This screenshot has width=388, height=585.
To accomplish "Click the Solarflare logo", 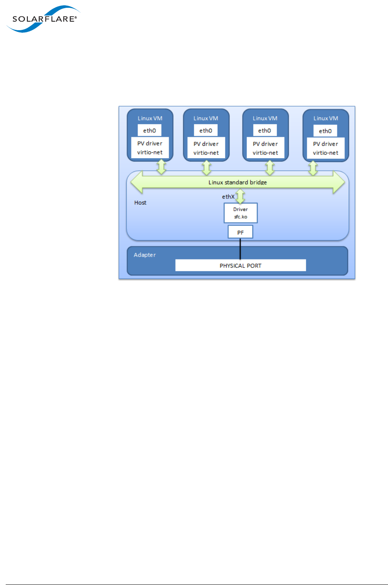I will tap(43, 19).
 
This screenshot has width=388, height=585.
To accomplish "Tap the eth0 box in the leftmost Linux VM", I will tap(149, 131).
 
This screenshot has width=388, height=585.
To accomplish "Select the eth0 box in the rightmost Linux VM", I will tap(325, 131).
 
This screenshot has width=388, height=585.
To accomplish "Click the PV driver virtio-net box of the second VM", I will tap(206, 148).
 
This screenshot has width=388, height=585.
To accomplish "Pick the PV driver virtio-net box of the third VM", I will tap(265, 148).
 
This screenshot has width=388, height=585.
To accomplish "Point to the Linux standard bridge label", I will tap(237, 182).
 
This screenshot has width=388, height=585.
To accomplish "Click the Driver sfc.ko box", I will tap(241, 213).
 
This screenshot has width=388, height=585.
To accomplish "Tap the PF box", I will tap(241, 232).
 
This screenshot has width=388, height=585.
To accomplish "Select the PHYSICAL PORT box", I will tap(241, 266).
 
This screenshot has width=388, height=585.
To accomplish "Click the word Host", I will tap(140, 203).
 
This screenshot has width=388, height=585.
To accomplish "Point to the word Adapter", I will tap(145, 255).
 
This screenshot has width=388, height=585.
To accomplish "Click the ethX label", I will tap(228, 197).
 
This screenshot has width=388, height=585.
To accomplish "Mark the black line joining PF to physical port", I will tap(240, 249).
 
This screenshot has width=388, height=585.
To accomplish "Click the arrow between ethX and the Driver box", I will tap(241, 196).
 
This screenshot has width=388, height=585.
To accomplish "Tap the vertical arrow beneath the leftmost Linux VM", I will tap(162, 167).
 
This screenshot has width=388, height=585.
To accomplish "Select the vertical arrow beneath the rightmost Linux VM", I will tap(313, 167).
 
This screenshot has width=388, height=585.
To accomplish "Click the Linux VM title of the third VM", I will tap(265, 118).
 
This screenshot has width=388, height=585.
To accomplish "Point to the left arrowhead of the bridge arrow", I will tap(136, 182).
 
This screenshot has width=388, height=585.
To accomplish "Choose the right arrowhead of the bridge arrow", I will tap(339, 182).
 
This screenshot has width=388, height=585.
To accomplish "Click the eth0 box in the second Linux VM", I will tap(206, 131).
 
